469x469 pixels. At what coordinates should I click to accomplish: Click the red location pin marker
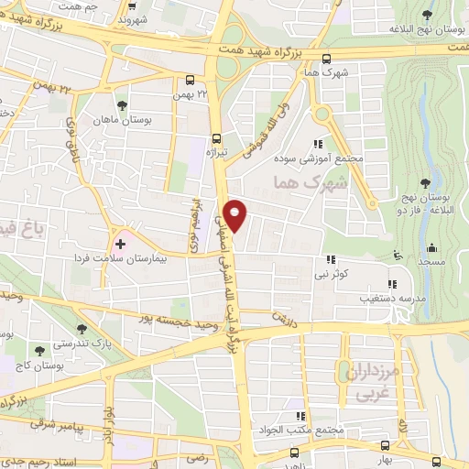[x=235, y=213]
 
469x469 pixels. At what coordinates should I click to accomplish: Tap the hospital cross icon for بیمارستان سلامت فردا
[x=120, y=245]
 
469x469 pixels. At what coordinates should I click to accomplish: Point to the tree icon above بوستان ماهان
[x=123, y=104]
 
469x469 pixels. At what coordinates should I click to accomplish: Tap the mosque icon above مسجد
[x=432, y=245]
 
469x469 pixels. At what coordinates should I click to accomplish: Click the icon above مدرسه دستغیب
[x=393, y=284]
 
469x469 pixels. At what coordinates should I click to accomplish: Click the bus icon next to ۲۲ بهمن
[x=190, y=80]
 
